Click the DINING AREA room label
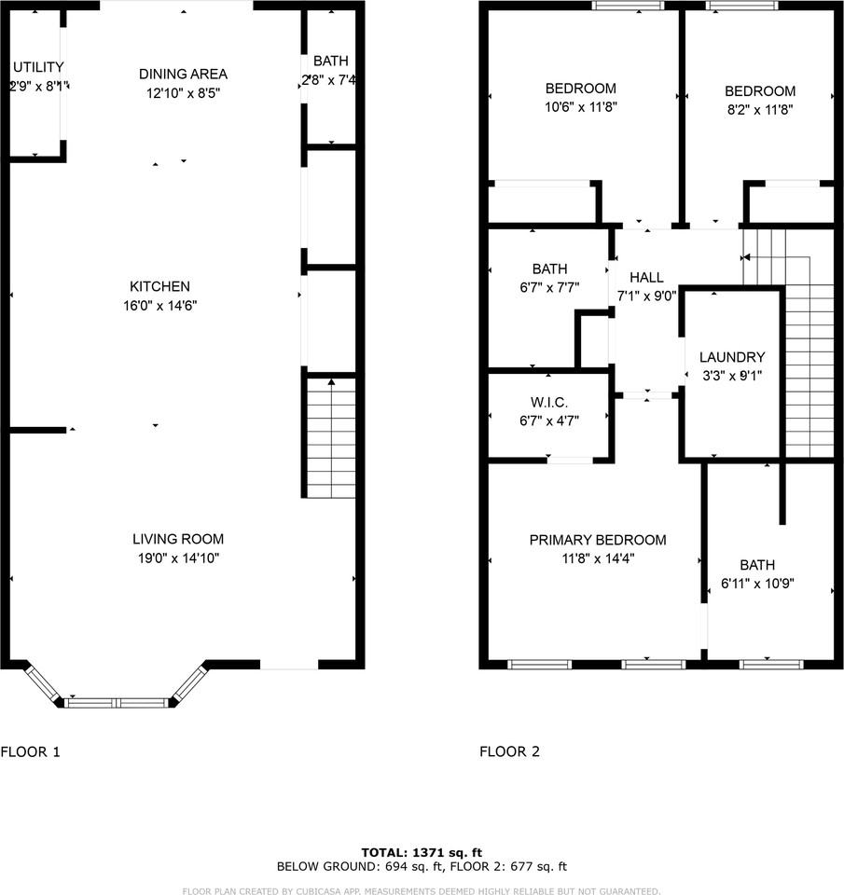click(183, 74)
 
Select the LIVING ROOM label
click(178, 539)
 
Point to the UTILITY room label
click(38, 67)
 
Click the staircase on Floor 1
click(331, 438)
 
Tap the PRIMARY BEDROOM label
click(598, 540)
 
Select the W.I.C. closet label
click(549, 402)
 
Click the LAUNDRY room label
click(732, 357)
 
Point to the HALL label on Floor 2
click(646, 278)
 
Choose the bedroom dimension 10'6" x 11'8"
click(581, 106)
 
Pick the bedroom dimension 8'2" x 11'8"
click(760, 109)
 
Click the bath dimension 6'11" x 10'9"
click(757, 585)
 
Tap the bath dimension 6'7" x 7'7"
click(549, 288)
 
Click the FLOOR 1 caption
click(30, 751)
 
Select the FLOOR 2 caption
click(509, 751)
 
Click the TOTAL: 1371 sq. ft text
click(422, 852)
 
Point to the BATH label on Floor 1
click(331, 62)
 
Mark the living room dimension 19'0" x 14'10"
click(178, 558)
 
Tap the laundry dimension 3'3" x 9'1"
click(732, 377)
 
